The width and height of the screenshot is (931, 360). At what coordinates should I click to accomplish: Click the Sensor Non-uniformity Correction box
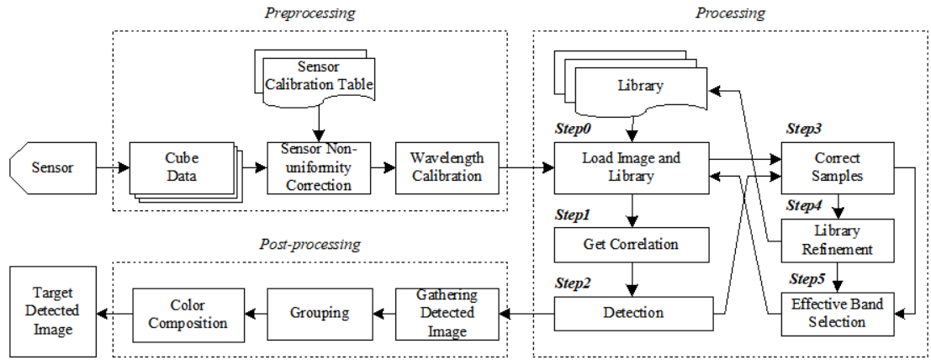click(319, 167)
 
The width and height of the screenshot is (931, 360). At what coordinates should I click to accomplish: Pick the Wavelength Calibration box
click(446, 167)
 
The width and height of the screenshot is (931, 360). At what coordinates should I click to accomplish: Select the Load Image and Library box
click(632, 167)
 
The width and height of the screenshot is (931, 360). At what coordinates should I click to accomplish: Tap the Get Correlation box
click(632, 245)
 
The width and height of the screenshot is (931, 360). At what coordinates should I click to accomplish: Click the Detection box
click(632, 313)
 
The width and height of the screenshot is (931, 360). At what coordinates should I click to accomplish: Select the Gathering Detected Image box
click(447, 313)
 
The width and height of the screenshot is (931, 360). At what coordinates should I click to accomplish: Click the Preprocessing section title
click(309, 13)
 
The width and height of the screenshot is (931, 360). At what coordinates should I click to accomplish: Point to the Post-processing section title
click(309, 245)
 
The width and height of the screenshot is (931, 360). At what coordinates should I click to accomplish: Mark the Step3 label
click(803, 130)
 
